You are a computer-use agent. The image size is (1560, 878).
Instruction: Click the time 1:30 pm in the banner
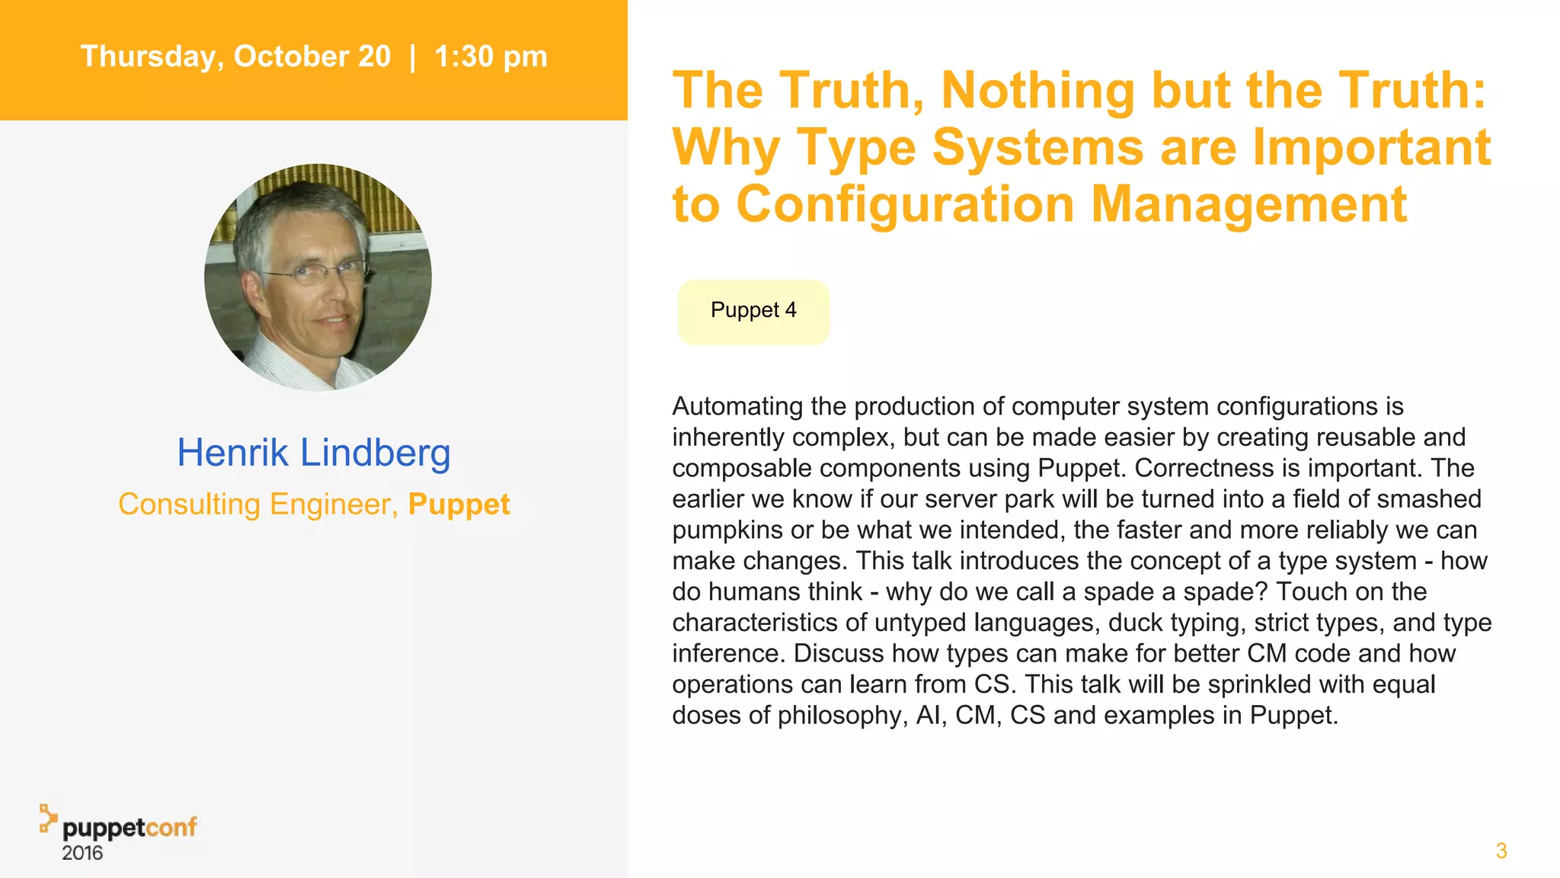(491, 57)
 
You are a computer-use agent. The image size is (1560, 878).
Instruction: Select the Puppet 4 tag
(753, 311)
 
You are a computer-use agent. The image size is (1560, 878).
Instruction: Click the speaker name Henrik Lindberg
(314, 453)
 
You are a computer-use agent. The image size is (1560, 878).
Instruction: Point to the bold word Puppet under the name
(459, 505)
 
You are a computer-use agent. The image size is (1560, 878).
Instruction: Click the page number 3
(1501, 851)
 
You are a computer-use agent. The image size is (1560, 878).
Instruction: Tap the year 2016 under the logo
(82, 853)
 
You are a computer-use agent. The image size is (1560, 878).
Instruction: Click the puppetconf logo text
(129, 827)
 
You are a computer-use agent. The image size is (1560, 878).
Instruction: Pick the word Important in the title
(1371, 147)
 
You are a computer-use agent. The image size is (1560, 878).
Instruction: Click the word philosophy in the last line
(842, 716)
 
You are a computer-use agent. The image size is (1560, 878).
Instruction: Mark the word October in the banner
(312, 57)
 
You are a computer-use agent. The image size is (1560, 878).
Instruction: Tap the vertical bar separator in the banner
(412, 57)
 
